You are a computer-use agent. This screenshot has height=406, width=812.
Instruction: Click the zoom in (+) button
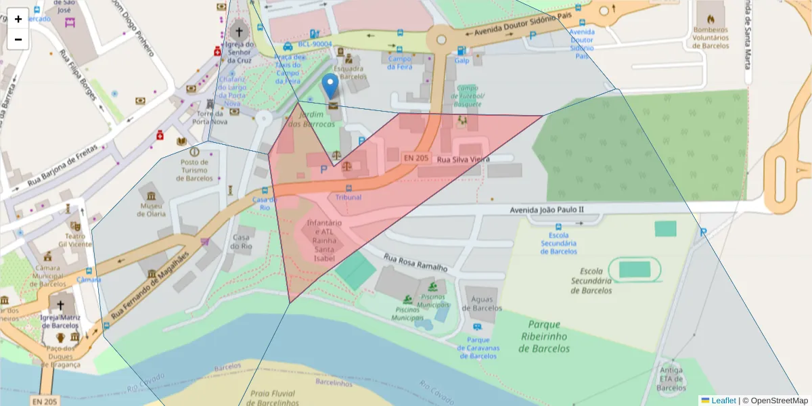pos(18,19)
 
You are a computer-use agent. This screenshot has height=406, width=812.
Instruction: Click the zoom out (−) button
pos(18,39)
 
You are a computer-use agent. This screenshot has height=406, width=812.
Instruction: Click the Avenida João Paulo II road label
pos(546,211)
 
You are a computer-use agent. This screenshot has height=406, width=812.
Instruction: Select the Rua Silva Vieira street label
pos(462,159)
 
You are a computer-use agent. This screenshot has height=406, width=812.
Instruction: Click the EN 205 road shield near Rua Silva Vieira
pos(416,158)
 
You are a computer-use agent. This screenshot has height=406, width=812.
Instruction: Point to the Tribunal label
pos(348,197)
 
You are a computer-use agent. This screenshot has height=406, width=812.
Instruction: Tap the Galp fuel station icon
pos(461,50)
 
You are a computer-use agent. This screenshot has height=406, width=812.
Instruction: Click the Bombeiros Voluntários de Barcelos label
pos(710,38)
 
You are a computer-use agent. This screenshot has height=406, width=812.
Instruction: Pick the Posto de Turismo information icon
pos(195,152)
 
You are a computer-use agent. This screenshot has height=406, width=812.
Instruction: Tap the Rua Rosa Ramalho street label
pos(415,263)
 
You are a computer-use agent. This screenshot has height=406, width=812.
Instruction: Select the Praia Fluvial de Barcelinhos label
pos(274,397)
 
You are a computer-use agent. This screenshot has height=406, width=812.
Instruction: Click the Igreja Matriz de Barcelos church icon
pos(61,304)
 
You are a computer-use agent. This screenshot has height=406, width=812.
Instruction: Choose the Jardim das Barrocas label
pos(311,120)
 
